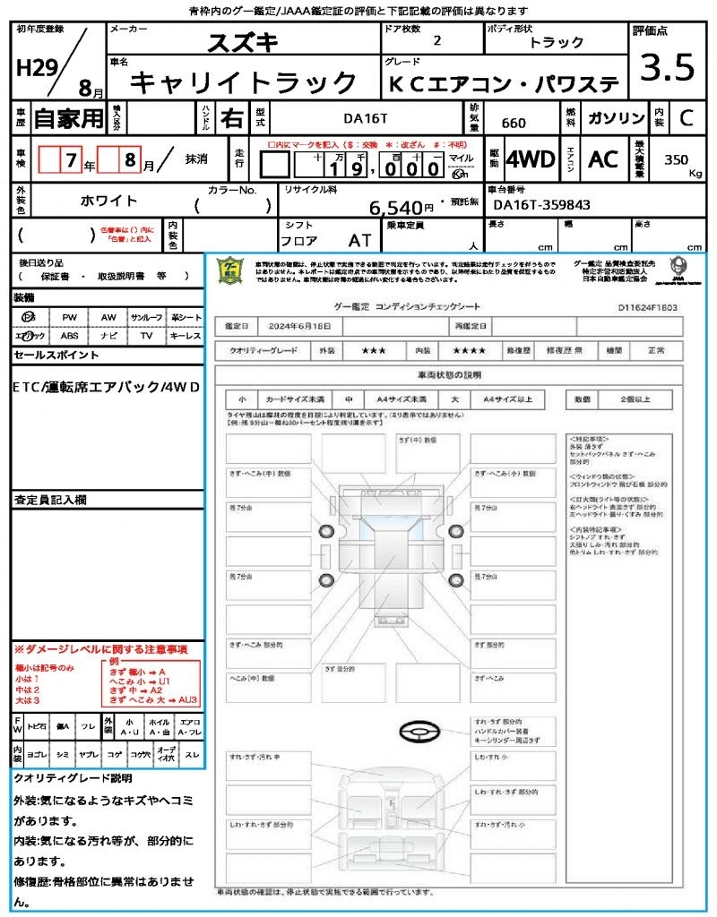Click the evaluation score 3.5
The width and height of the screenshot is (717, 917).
click(x=669, y=69)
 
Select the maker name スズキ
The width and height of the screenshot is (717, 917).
click(x=243, y=42)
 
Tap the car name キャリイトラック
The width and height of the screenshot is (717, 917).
click(x=244, y=82)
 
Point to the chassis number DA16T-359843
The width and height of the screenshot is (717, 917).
click(x=542, y=205)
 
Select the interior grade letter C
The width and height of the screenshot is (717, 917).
click(x=686, y=118)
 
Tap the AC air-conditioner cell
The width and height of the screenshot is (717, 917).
click(x=603, y=159)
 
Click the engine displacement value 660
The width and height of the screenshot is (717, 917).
click(x=514, y=124)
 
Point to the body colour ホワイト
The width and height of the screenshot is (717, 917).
click(x=110, y=201)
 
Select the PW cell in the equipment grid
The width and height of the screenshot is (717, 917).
click(x=69, y=318)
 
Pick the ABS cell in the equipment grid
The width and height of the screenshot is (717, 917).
click(x=69, y=336)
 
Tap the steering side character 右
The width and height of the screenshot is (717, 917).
click(x=231, y=118)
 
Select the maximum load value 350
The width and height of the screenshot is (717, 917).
click(x=676, y=159)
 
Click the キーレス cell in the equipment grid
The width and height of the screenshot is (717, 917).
click(x=186, y=336)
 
